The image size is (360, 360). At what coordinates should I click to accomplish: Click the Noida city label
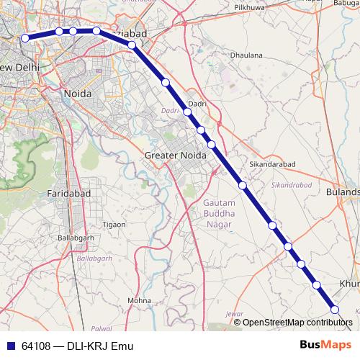(77, 94)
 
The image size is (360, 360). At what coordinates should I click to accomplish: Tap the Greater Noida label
(175, 155)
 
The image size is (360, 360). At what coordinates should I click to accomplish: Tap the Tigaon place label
(114, 225)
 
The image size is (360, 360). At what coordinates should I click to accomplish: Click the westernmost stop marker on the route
(25, 38)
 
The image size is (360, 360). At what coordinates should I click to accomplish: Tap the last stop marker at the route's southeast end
(335, 310)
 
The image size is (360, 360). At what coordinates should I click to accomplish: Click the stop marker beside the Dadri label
(187, 112)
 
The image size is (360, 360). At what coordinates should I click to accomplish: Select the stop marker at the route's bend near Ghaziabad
(132, 45)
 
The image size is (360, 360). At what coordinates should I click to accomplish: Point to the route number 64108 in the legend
(36, 346)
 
